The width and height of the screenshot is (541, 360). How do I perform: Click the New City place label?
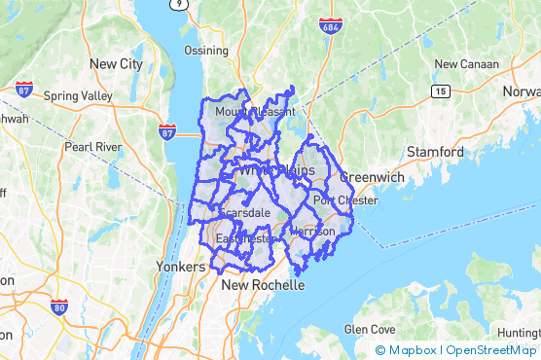click(x=116, y=64)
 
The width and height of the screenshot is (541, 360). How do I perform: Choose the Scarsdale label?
click(x=244, y=212)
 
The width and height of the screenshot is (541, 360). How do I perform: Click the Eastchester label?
click(x=243, y=238)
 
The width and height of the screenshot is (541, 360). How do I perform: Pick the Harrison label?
click(x=312, y=232)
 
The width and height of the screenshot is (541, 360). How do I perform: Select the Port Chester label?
click(x=344, y=201)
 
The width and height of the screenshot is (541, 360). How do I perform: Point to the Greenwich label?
click(x=371, y=178)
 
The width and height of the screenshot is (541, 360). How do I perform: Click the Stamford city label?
click(x=435, y=152)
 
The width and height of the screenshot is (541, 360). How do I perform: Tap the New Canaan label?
click(x=466, y=64)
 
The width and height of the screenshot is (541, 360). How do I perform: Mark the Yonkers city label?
click(x=180, y=266)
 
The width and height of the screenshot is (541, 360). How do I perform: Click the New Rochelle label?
click(x=263, y=286)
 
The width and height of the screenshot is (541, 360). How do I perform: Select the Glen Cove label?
click(x=368, y=330)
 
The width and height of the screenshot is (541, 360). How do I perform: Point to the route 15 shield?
click(x=442, y=90)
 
